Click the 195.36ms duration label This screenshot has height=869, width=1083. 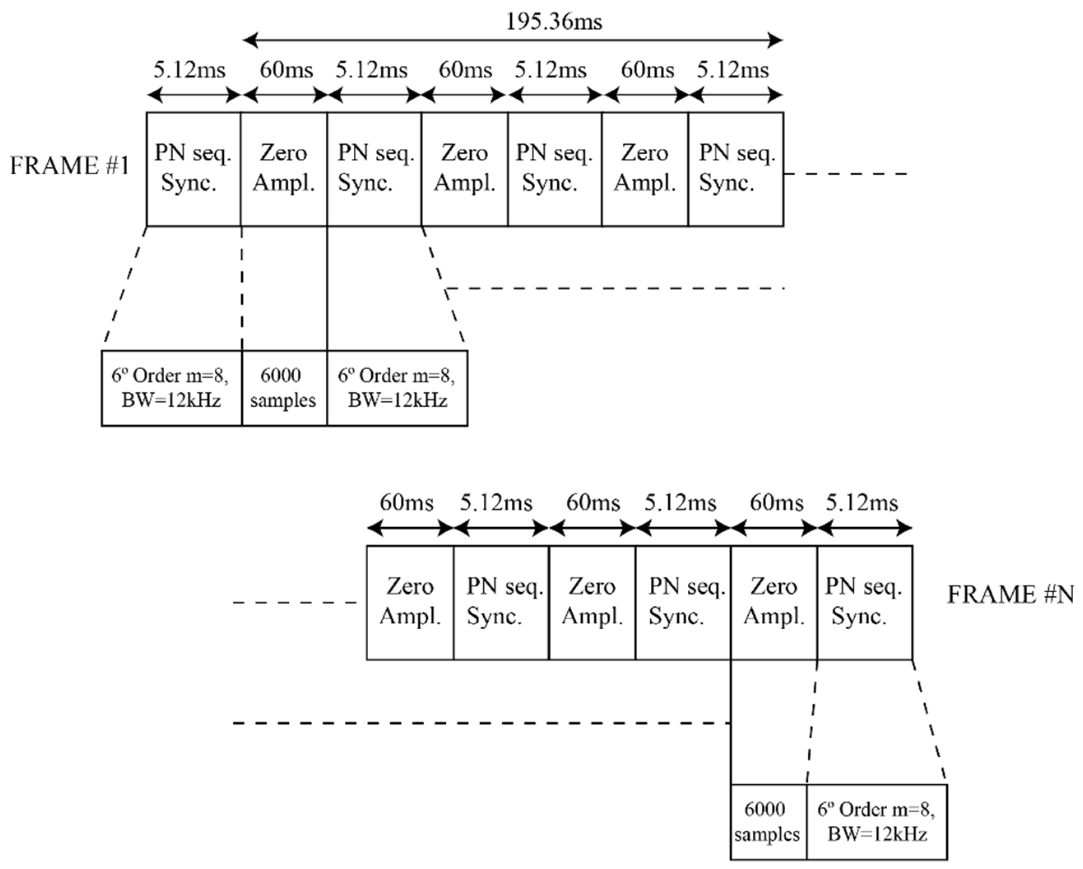(x=554, y=22)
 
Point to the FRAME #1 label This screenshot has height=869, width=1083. (x=70, y=166)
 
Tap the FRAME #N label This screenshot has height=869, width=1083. (x=1010, y=595)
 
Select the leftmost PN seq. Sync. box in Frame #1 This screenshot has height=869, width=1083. (x=193, y=169)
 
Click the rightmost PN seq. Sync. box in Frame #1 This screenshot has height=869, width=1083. (x=736, y=169)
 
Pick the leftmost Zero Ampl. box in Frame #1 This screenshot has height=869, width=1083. (x=284, y=169)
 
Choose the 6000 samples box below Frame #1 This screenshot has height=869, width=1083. (x=284, y=388)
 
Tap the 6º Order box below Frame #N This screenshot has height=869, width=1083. (x=877, y=822)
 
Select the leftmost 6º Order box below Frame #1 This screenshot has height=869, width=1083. (x=171, y=388)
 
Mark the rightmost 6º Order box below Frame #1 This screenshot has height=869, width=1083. (x=397, y=388)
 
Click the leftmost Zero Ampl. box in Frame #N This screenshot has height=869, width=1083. (x=410, y=602)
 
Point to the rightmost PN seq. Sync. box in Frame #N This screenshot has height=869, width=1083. (x=865, y=602)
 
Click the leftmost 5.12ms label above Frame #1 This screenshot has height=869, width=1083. (x=189, y=70)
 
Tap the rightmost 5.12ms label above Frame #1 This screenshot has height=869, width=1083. (x=733, y=70)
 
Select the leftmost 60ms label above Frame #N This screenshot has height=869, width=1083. (x=406, y=503)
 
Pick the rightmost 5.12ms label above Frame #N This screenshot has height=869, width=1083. (x=862, y=503)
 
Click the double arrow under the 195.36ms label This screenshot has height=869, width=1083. (x=513, y=40)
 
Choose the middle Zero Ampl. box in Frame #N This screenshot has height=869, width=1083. (x=592, y=602)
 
